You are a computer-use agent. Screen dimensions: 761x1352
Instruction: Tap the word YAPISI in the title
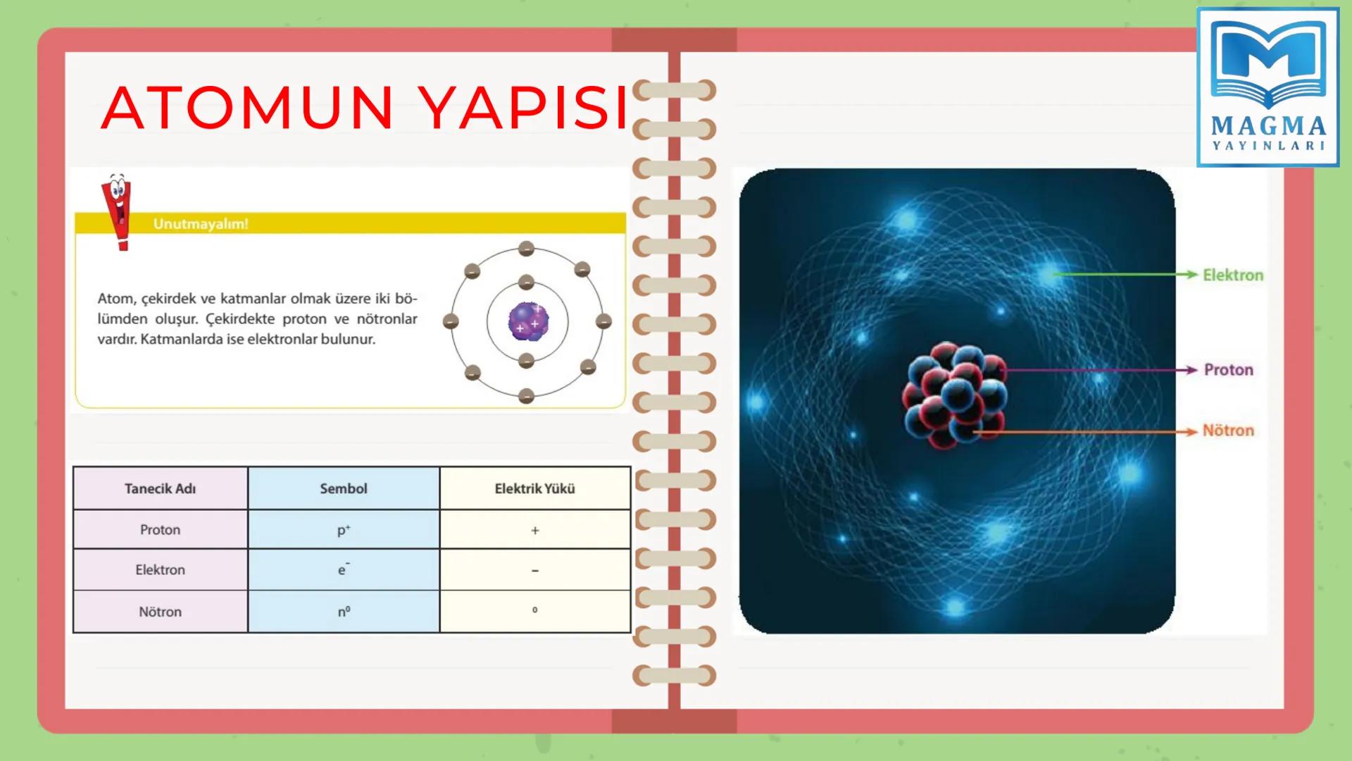click(x=525, y=108)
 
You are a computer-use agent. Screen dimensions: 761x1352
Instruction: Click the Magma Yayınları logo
click(x=1268, y=87)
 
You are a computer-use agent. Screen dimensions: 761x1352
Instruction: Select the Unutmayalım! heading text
click(x=201, y=224)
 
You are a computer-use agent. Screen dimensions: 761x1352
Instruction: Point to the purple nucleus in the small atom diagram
click(x=528, y=321)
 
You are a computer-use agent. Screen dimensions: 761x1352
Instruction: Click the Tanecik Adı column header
click(x=160, y=488)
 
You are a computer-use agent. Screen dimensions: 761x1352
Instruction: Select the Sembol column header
click(x=344, y=488)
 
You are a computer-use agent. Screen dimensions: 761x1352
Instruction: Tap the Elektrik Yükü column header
click(x=534, y=488)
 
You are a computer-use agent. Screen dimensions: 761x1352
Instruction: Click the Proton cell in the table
click(x=160, y=530)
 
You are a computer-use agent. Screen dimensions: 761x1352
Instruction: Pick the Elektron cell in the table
click(x=160, y=570)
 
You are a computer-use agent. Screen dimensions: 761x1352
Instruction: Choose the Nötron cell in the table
click(x=160, y=612)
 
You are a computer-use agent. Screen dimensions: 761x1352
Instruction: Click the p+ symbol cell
click(x=344, y=530)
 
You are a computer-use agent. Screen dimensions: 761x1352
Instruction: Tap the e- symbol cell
click(x=344, y=569)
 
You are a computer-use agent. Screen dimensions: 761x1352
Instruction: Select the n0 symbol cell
click(x=344, y=612)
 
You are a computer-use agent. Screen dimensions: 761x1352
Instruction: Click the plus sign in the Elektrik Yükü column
click(x=535, y=531)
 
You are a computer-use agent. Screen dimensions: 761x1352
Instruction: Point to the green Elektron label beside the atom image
click(x=1233, y=276)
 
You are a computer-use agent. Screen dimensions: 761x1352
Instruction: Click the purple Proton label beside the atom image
click(x=1229, y=370)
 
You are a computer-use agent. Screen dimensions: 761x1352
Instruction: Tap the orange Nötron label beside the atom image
click(x=1228, y=431)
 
